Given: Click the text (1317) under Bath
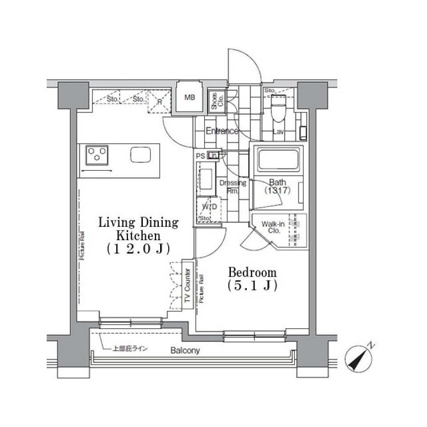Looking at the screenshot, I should point(278,190).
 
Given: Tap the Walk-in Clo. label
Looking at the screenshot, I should point(270,227).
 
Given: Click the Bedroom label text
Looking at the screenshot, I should point(252,272).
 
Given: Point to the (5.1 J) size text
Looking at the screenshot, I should point(252,286).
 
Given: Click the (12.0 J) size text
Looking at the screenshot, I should point(138,249).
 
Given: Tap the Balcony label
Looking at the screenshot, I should point(185,350).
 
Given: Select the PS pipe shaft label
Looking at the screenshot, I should point(201,156).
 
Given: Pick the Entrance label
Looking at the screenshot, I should point(222,131).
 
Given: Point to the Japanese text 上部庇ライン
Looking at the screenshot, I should point(129,348).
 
